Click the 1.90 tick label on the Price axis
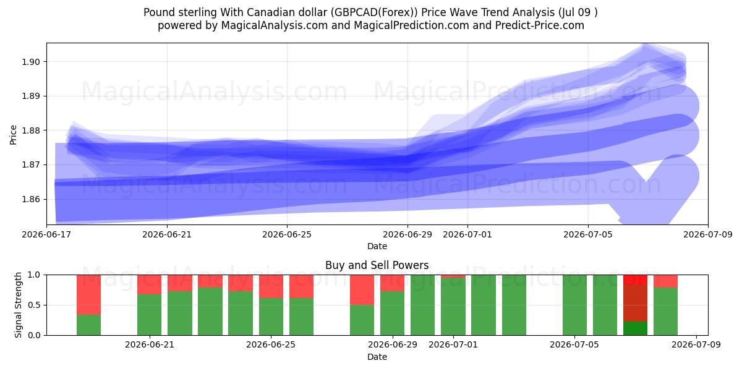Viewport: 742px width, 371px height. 31,62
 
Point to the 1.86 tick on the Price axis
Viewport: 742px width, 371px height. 31,199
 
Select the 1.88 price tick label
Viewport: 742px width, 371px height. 31,130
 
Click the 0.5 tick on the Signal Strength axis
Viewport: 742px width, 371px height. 34,305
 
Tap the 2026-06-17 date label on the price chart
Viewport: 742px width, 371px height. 46,234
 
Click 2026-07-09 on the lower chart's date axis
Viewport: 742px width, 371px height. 696,344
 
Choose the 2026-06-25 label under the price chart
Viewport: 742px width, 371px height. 287,234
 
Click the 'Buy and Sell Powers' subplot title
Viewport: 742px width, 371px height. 377,265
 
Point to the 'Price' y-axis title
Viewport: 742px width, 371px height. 13,135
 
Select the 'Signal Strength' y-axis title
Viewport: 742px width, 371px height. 18,305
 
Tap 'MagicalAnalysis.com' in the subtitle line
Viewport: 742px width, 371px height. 275,25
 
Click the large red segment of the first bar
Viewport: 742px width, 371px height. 89,295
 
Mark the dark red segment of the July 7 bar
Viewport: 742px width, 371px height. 636,303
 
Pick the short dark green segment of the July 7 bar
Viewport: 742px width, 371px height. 636,328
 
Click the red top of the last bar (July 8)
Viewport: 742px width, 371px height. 666,281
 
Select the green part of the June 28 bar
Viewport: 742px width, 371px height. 362,320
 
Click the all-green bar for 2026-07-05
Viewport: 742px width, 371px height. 574,305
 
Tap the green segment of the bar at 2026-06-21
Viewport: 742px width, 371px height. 150,315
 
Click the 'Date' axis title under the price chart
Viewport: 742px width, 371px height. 377,246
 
